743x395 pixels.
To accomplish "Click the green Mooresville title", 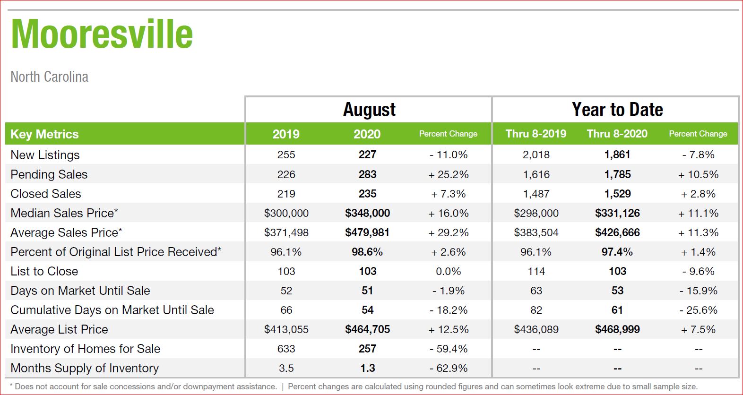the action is pos(102,34).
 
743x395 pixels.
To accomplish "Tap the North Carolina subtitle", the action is pos(50,77).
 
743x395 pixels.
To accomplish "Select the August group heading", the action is pos(369,110).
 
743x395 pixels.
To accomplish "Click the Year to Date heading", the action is pos(617,109).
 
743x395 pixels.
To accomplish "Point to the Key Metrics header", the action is pos(44,134).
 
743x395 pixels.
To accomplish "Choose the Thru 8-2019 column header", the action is pos(536,134).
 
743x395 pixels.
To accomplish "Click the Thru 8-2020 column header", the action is pos(617,134).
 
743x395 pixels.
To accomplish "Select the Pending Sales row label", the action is pos(49,174).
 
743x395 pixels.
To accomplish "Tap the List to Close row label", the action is pos(44,271).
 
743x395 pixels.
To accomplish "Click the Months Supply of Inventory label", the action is pos(85,368).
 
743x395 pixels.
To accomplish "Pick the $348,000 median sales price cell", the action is pos(368,213).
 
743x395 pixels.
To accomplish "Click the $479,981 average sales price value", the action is pos(367,232).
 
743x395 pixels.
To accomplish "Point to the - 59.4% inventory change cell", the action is pos(449,349).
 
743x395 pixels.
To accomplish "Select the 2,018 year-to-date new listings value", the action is pos(536,155).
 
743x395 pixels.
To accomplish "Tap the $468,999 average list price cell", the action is pos(617,329).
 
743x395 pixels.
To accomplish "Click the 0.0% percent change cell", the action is pos(449,271).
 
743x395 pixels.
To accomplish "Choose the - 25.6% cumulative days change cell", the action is pos(698,310).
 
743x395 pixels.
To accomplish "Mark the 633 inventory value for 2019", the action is pos(286,349).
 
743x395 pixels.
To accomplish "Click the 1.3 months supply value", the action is pos(368,368).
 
